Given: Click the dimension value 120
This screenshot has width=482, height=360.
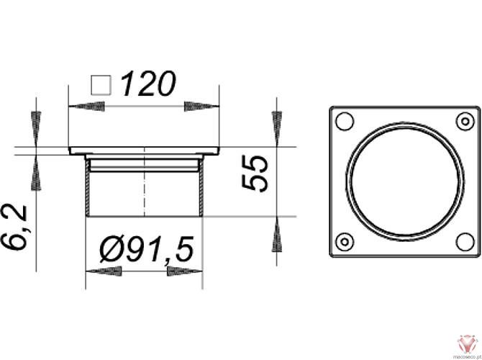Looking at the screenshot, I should (147, 84).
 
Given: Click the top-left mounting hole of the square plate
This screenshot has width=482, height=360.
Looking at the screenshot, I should (345, 120).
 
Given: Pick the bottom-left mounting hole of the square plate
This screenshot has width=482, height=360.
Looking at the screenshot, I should (345, 241).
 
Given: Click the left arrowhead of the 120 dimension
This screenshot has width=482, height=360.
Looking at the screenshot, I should (83, 106).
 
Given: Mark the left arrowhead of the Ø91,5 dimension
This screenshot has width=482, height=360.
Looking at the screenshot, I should (103, 271).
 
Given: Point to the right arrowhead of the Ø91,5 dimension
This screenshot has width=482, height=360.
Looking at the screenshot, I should (186, 271).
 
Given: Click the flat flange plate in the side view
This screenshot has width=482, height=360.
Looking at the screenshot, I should (145, 151).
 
